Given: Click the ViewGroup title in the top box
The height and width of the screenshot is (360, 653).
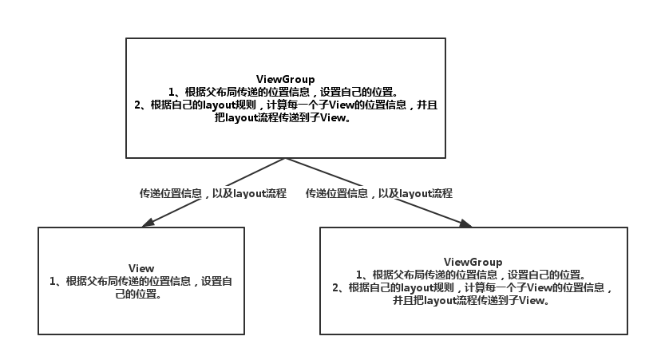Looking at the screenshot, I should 285,79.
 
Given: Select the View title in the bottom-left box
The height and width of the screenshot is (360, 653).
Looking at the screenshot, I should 140,268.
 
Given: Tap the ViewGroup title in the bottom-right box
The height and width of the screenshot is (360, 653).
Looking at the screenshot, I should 473,262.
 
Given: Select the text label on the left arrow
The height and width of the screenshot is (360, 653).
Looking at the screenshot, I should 213,193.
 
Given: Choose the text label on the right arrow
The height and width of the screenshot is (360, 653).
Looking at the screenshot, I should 379,193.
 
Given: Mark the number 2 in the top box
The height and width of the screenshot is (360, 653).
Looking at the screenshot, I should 138,105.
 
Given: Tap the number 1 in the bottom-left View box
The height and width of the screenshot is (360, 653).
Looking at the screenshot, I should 53,281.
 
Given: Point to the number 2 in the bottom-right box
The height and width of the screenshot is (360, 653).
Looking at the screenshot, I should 337,288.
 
